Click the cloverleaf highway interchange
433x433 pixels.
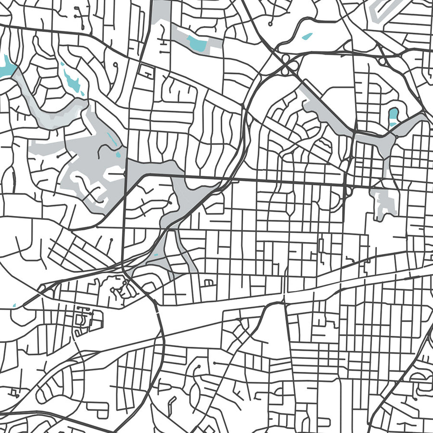click(x=287, y=64)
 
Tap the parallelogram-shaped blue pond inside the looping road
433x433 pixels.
click(x=306, y=36)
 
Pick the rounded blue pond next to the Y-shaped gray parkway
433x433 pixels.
click(x=394, y=115)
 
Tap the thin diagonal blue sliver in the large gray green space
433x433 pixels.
click(x=112, y=140)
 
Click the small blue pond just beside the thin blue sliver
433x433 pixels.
click(x=118, y=155)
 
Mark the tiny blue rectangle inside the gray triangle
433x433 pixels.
click(x=155, y=255)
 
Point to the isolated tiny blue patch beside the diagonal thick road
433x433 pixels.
click(x=14, y=305)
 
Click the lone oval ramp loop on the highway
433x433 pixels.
click(x=383, y=61)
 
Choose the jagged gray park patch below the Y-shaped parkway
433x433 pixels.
click(x=385, y=202)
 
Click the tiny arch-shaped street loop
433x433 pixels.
click(x=208, y=282)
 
